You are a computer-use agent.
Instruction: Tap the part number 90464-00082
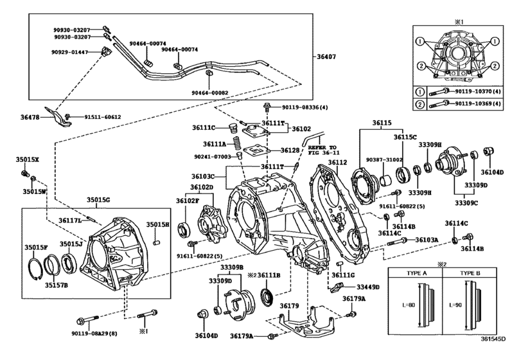click(x=210, y=93)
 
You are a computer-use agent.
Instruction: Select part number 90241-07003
click(x=211, y=156)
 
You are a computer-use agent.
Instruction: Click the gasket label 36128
click(x=290, y=150)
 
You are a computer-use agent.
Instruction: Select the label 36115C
click(x=405, y=136)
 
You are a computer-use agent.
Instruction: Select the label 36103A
click(x=427, y=239)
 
